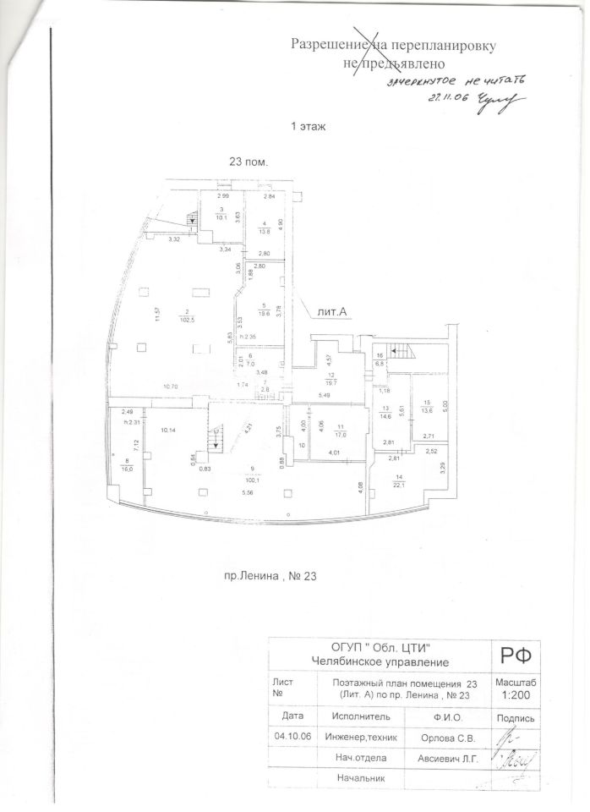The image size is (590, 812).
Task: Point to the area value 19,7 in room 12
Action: [x=331, y=381]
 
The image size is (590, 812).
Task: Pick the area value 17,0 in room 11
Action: [x=341, y=436]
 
